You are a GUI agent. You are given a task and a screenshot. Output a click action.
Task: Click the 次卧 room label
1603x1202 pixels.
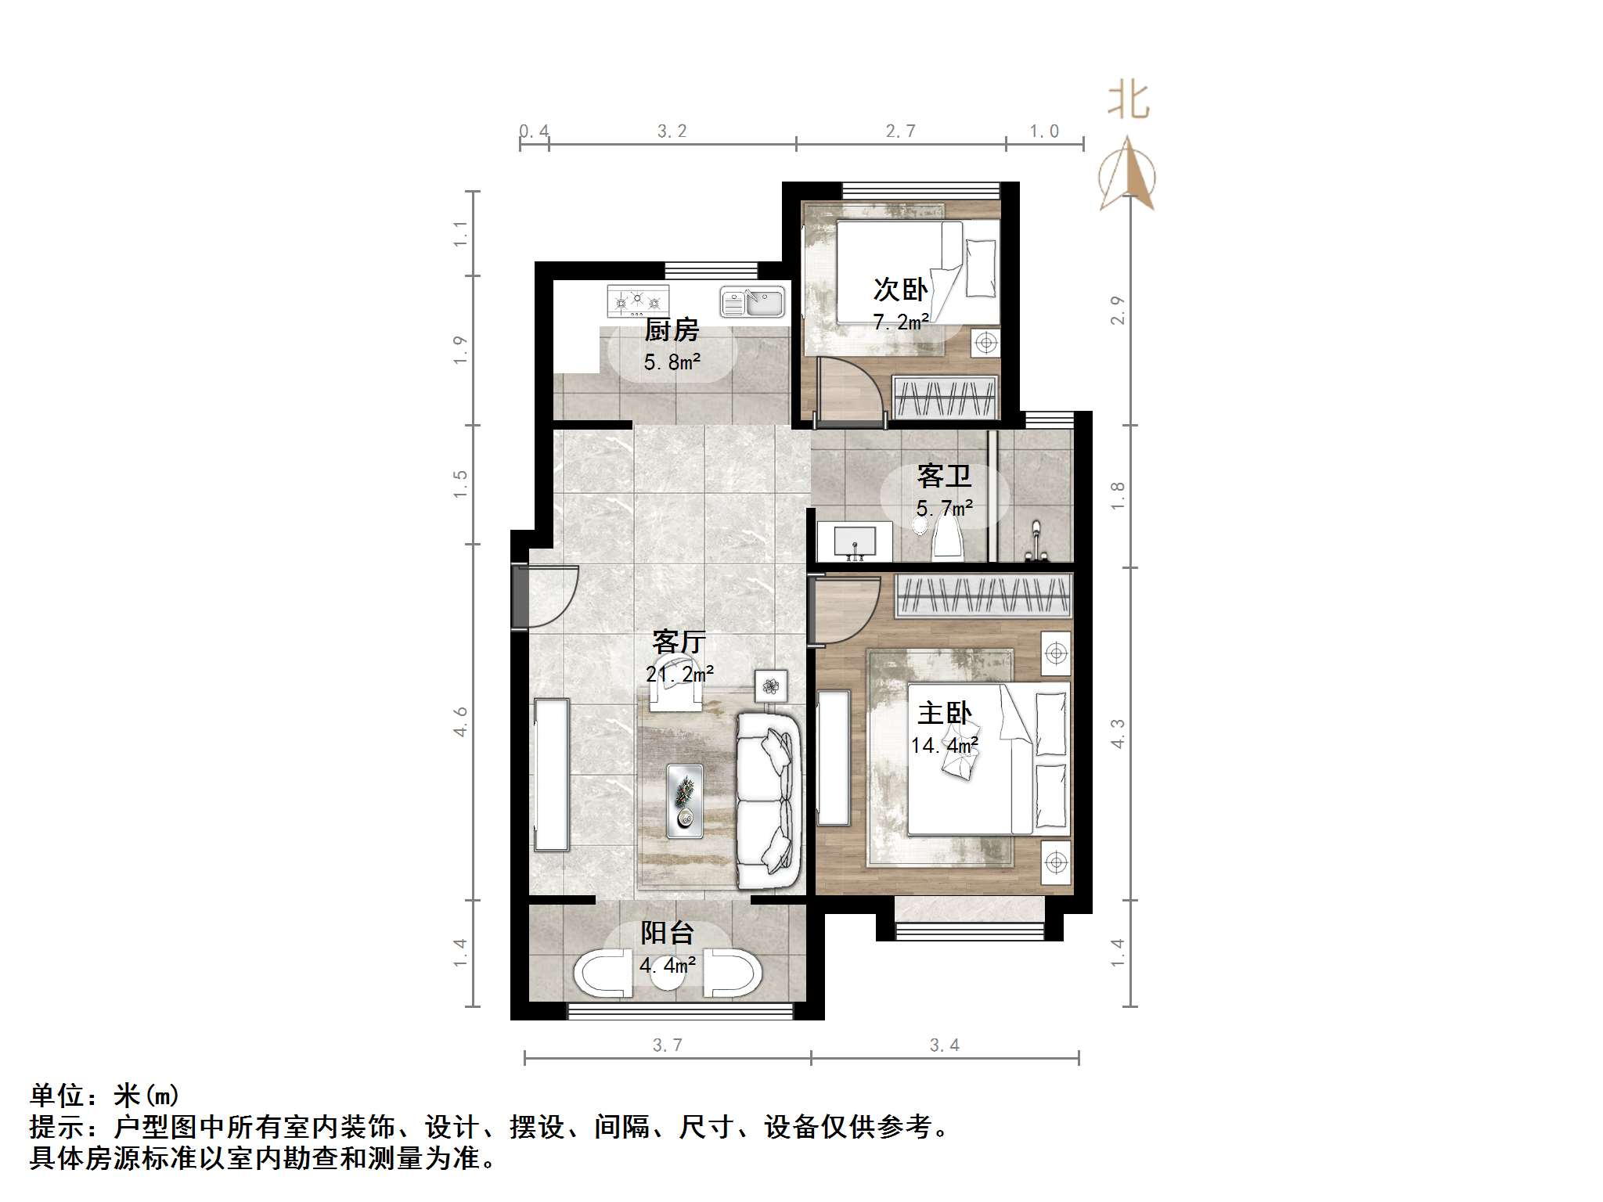(900, 290)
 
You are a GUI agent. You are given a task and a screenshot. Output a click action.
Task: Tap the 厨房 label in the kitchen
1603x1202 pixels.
(672, 330)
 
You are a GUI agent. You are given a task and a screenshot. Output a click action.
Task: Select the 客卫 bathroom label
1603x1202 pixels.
(944, 476)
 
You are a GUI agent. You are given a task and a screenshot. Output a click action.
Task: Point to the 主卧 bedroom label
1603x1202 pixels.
(944, 713)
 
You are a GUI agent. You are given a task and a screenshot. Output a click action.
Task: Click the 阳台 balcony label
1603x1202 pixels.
(667, 932)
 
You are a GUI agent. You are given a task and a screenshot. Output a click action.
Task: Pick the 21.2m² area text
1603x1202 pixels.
(679, 673)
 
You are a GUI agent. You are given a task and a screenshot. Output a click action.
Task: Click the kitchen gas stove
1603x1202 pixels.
(638, 300)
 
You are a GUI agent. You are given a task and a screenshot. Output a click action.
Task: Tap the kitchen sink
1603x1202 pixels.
(752, 302)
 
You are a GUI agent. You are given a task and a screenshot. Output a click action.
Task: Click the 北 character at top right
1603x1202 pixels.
(1128, 100)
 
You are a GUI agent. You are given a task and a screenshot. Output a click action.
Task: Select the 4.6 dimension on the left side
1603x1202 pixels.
(460, 721)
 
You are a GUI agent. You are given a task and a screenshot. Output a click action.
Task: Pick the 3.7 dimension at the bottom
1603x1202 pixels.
(667, 1045)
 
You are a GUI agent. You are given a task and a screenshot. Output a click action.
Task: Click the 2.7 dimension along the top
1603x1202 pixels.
(900, 131)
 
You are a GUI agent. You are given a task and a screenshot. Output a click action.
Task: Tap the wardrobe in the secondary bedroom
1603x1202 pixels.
(946, 397)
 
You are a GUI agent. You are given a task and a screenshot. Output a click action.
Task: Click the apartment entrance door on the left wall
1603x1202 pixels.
(521, 596)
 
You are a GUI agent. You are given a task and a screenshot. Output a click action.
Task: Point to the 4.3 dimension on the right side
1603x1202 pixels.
(1118, 733)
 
